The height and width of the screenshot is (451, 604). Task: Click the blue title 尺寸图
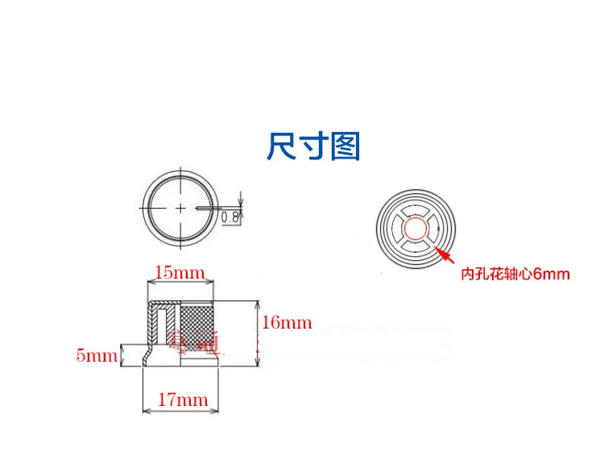point(313,147)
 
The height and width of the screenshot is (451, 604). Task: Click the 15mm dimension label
point(180,272)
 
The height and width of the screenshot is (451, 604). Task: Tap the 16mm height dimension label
point(287,323)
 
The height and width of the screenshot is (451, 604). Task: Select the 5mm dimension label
point(97,354)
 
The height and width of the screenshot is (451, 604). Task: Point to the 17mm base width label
point(183,399)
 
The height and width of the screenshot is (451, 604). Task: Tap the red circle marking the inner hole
point(416,230)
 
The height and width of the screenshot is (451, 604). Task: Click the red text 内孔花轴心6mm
point(515,274)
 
